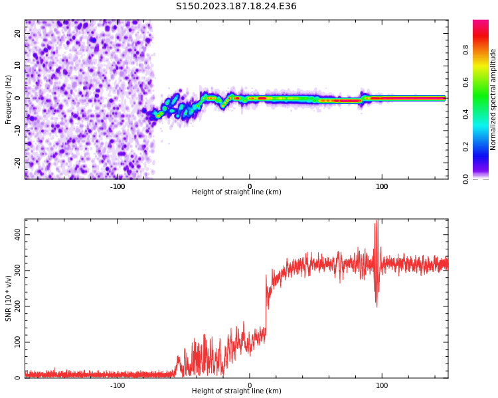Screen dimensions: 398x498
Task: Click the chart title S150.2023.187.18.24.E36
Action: pos(236,7)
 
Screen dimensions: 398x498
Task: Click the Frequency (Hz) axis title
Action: pos(9,99)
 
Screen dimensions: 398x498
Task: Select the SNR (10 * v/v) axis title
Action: pos(9,298)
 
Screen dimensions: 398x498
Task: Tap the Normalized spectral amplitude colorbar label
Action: pos(493,99)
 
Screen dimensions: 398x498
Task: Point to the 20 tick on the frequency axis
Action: pos(18,34)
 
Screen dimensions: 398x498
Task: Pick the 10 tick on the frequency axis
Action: pos(18,66)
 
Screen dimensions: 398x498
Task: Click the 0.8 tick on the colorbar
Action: pos(466,49)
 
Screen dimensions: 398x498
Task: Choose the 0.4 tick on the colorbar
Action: pos(466,114)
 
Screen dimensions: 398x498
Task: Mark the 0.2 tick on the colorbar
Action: pos(466,147)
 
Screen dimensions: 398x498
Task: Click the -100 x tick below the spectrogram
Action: pos(118,186)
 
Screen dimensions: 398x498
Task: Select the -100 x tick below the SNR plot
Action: pos(118,385)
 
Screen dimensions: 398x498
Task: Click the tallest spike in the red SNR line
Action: pos(377,222)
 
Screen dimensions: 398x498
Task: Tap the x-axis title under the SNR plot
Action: pos(236,391)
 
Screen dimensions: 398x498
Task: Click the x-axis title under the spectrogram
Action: pos(236,192)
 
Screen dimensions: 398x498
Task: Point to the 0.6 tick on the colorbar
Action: pos(466,82)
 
